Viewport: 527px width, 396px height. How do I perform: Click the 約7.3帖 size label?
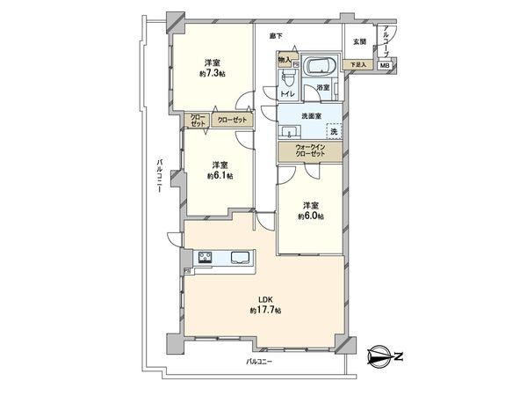pos(212,75)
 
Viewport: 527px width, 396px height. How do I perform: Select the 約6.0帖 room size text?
pos(310,216)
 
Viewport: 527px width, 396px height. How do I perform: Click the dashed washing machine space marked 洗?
pos(333,130)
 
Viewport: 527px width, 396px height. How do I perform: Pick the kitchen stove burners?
pos(206,258)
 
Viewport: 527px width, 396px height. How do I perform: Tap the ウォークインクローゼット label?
pos(310,150)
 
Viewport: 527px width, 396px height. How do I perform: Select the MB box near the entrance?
pos(385,66)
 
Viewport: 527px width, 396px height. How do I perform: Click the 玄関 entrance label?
pos(359,41)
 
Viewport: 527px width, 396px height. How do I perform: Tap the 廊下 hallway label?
pos(275,36)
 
